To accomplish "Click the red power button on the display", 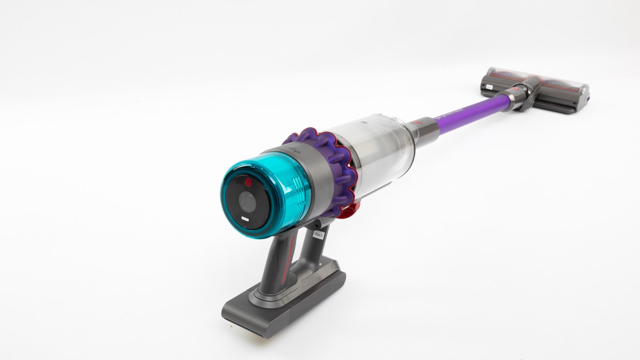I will point(248,182).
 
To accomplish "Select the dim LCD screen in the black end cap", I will point(246,201).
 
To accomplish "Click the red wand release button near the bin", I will point(415,121).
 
